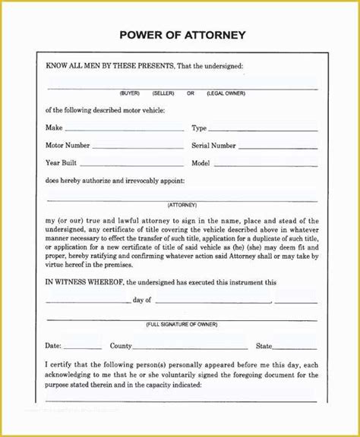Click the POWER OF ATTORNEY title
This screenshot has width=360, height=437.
point(182,35)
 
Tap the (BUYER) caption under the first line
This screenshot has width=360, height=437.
point(130,93)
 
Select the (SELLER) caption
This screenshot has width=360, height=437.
point(163,93)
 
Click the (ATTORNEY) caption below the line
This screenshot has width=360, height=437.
point(182,205)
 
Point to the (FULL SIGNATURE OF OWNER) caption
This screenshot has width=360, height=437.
point(182,323)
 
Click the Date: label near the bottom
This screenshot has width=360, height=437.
point(53,346)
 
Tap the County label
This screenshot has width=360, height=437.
point(121,346)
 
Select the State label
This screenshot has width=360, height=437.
point(264,346)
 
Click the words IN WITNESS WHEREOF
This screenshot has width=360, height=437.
point(84,282)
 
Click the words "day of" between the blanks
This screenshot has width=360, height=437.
point(143,300)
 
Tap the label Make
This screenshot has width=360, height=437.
point(54,128)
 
